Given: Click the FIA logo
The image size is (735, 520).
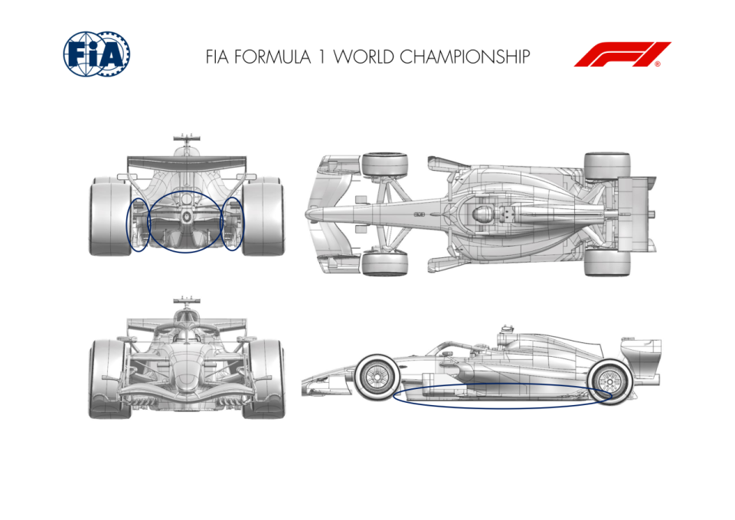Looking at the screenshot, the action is pos(96,54).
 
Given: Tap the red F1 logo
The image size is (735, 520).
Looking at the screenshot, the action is pos(622,54).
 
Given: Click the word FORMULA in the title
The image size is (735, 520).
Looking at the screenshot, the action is pos(273,57).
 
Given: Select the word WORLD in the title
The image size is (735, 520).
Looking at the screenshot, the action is pos(364,57).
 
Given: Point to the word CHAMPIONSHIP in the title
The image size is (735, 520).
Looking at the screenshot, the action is pos(465,57).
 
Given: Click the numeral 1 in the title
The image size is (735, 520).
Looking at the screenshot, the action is pos(322,57).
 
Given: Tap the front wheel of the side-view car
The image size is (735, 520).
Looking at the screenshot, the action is pos(377,378).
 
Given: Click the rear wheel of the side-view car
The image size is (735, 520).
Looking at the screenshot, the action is pos(610,381).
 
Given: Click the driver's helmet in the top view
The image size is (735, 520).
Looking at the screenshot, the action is pos(482,214).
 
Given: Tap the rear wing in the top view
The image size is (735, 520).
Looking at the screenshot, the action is pos(636,214).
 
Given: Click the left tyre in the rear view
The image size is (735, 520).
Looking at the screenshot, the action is pos(109,216).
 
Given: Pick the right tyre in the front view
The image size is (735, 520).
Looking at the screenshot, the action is pos(264,379).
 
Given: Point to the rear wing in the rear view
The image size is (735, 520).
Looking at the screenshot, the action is pos(187,162).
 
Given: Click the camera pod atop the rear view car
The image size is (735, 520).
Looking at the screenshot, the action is pos(187,138).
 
